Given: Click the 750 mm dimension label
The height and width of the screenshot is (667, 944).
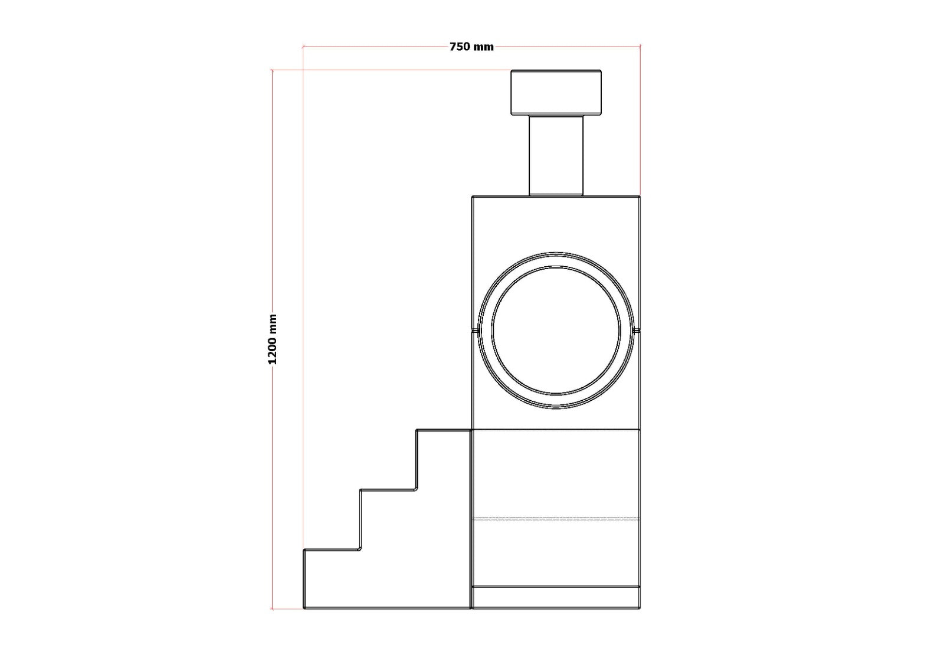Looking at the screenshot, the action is click(x=471, y=47).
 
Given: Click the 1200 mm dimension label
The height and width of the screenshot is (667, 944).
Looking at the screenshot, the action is click(x=273, y=339).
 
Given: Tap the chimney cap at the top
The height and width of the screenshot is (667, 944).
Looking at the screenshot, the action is click(x=556, y=92).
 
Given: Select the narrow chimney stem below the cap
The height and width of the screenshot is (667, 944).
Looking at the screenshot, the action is click(x=556, y=156).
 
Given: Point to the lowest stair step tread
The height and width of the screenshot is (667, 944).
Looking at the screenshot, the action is click(x=332, y=550).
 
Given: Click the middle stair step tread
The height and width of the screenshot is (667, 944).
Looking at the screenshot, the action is click(x=388, y=489).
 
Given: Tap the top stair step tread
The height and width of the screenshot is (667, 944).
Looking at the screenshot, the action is click(x=443, y=430).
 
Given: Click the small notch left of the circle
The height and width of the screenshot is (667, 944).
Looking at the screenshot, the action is click(x=476, y=330).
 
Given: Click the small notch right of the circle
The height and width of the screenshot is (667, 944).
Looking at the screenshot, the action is click(x=636, y=330).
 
